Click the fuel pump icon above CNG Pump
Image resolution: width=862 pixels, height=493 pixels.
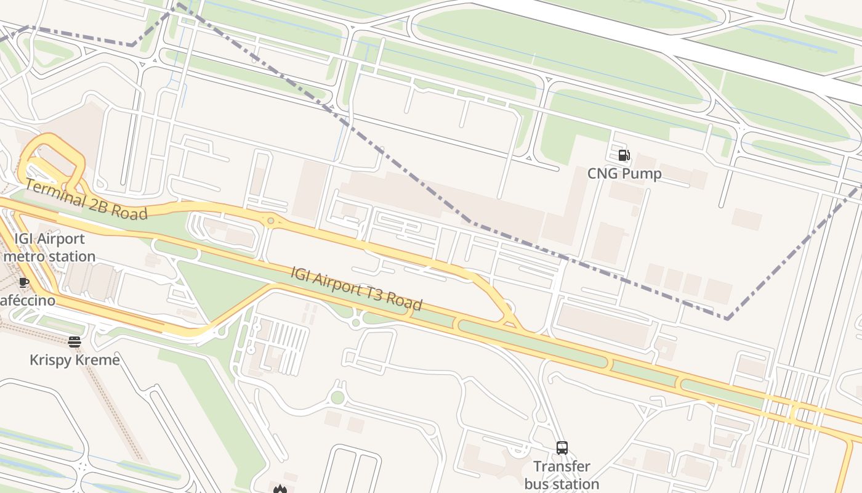[x=624, y=155]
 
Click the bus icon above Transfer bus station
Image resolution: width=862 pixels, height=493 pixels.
[x=562, y=448]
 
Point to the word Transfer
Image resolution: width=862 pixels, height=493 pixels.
[x=562, y=467]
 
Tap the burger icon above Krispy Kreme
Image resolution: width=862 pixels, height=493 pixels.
[x=75, y=342]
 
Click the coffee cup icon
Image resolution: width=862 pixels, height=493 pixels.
[x=23, y=283]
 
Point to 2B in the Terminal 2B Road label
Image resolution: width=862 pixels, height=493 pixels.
[x=102, y=206]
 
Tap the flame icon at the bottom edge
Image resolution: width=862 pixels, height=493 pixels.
[x=280, y=489]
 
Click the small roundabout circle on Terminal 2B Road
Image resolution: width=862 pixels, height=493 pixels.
[x=270, y=221]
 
